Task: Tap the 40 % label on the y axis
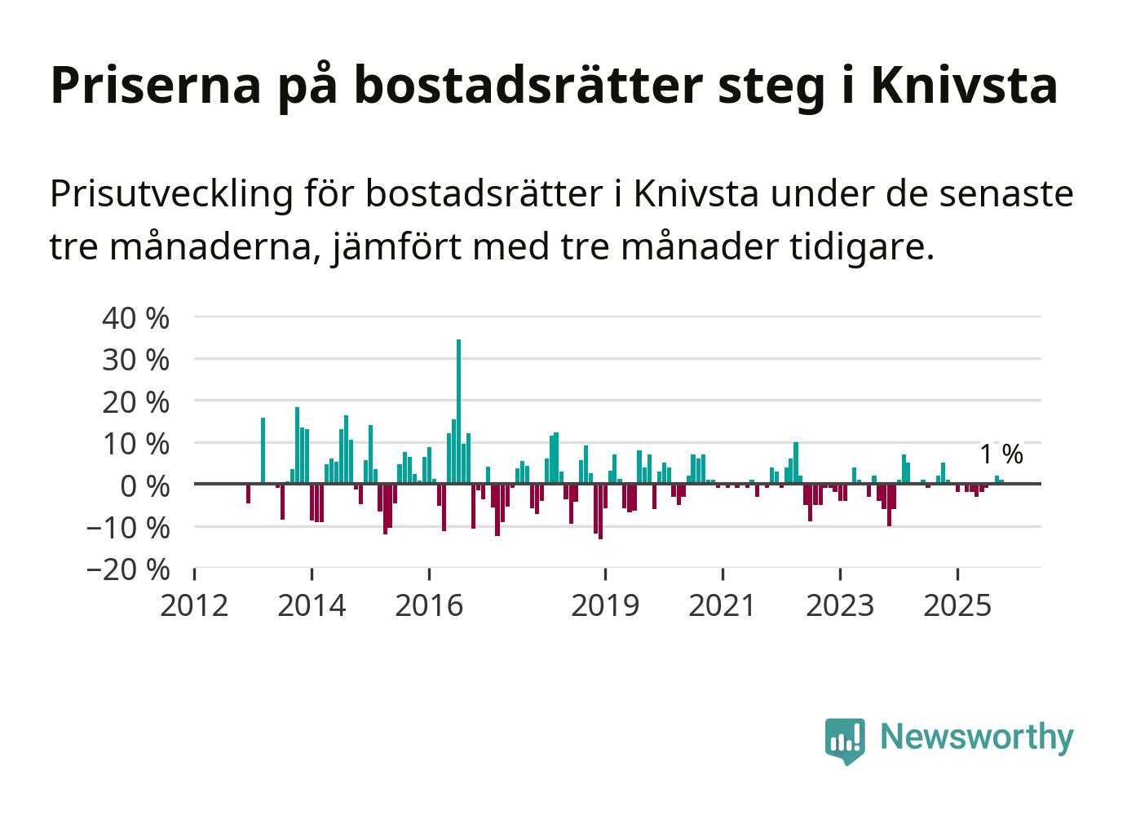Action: click(135, 318)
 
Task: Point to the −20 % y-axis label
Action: click(128, 569)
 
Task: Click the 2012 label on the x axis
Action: click(194, 606)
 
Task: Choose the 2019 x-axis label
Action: click(605, 606)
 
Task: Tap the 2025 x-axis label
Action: click(957, 606)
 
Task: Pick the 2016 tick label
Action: click(429, 606)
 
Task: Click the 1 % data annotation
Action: click(1001, 454)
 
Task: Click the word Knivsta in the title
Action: click(964, 85)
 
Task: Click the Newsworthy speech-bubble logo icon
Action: click(845, 740)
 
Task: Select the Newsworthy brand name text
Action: click(977, 737)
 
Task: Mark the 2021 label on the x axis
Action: click(723, 606)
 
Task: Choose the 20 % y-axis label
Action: click(135, 402)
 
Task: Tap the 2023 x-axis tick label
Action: click(840, 606)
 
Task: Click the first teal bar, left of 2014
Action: click(263, 450)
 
